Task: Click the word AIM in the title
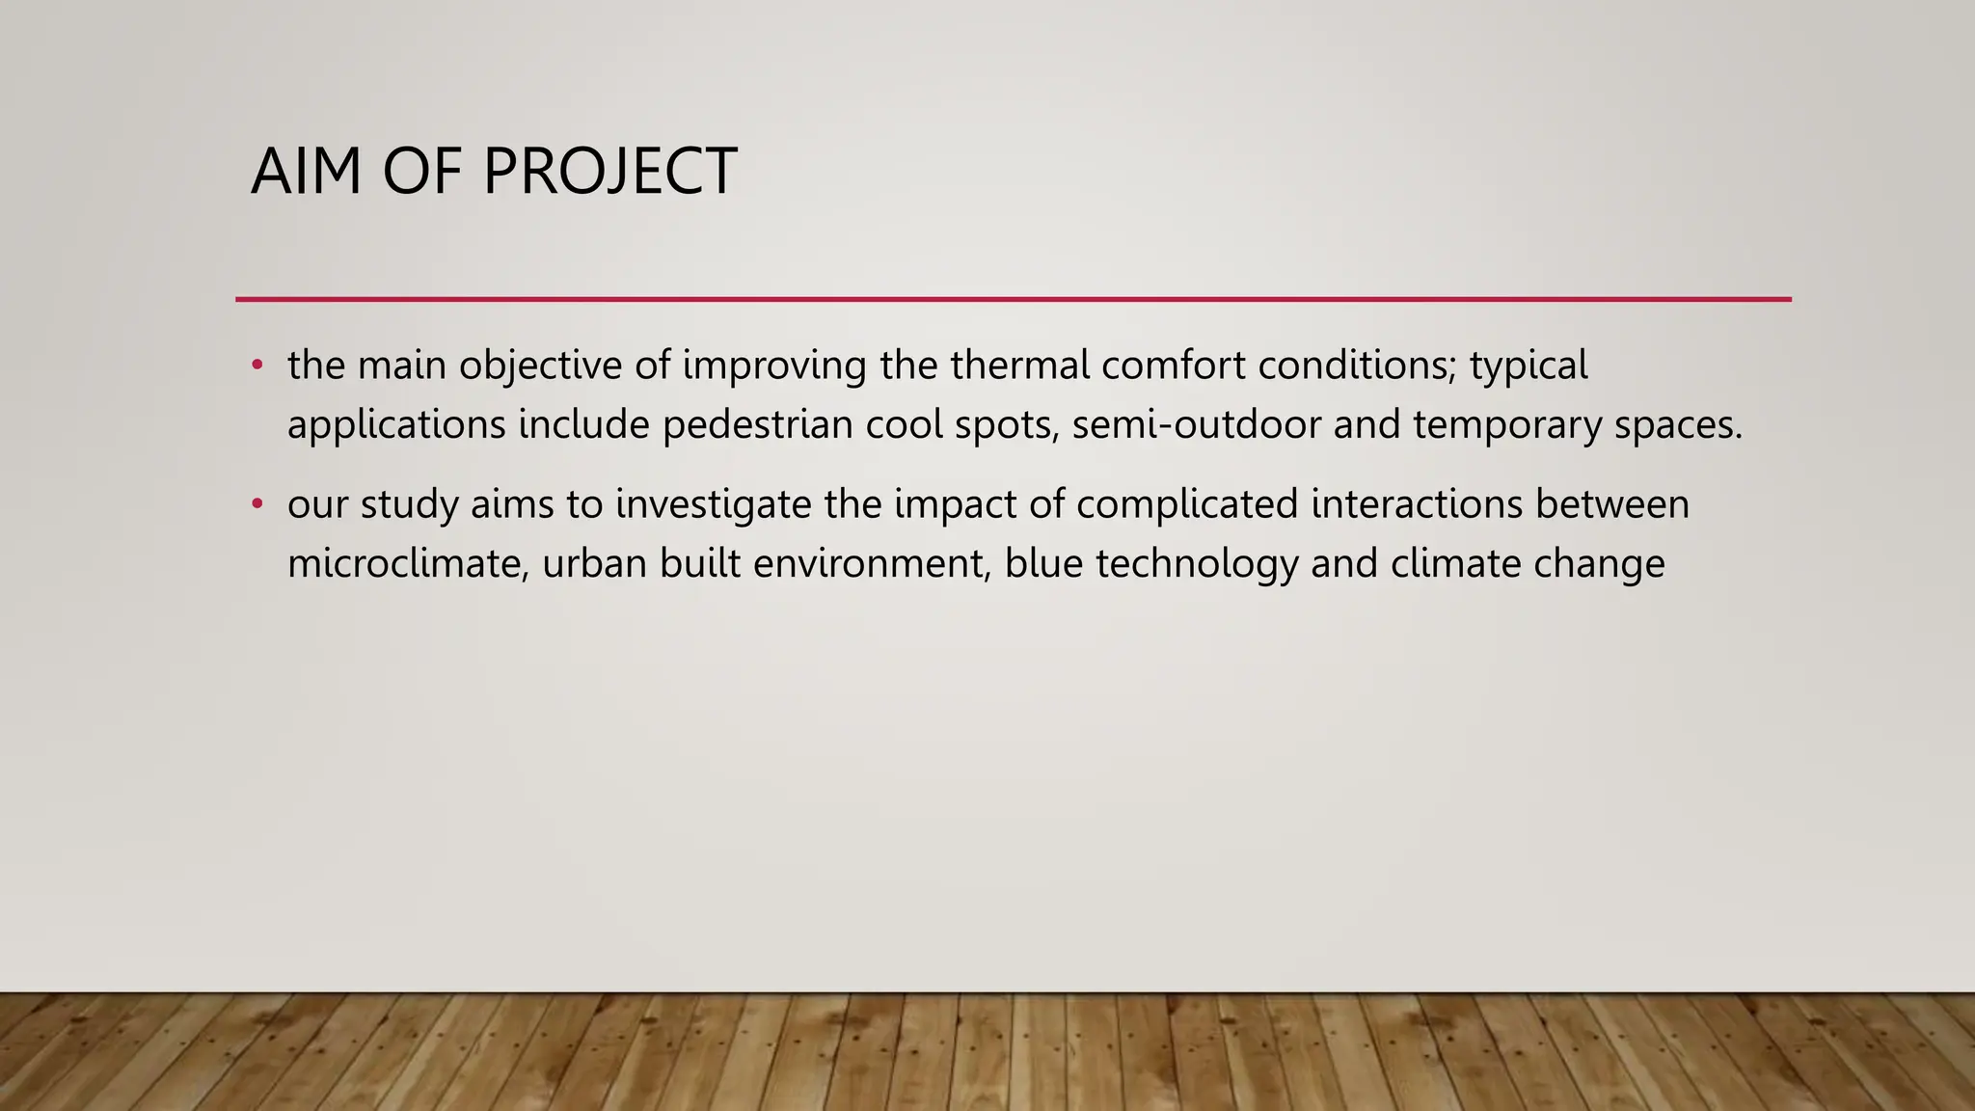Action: [307, 172]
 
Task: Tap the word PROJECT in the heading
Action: [609, 172]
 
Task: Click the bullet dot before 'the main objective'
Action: [257, 366]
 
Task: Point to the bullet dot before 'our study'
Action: [257, 504]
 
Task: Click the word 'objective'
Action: [540, 366]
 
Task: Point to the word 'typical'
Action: [1529, 366]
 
